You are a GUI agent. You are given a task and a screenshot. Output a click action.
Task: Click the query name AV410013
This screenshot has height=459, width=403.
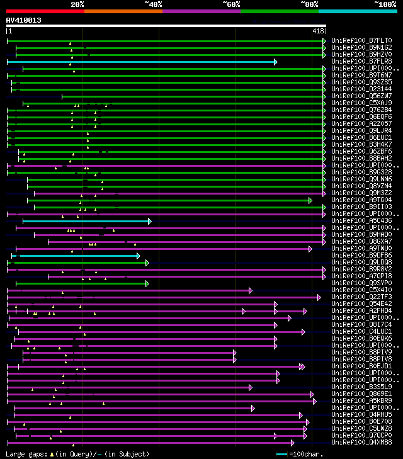coord(24,20)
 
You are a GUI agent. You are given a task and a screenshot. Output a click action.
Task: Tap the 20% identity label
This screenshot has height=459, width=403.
coord(77,4)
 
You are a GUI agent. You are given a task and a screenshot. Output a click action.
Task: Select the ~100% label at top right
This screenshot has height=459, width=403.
coord(385,4)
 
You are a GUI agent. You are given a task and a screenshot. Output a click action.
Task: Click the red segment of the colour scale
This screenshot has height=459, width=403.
coord(45,11)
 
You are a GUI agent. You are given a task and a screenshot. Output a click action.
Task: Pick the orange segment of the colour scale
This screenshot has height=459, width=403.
coord(123,11)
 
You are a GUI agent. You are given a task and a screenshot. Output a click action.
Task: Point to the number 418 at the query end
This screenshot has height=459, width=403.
coord(318,30)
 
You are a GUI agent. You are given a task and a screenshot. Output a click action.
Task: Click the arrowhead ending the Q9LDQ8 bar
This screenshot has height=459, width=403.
coord(147,263)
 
